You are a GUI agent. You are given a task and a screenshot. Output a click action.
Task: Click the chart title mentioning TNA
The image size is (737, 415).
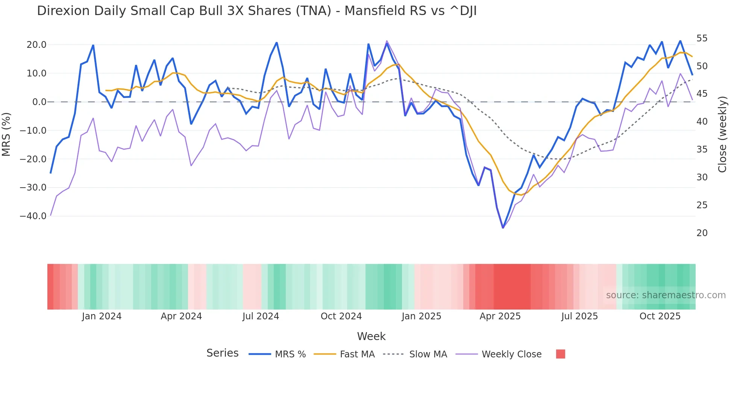pos(256,11)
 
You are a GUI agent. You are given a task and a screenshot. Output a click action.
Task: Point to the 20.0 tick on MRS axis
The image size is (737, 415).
pos(36,45)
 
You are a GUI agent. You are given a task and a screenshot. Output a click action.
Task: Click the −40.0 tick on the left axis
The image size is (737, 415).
pos(33,216)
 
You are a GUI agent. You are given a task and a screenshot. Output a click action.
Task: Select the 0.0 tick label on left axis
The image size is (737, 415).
pos(39,102)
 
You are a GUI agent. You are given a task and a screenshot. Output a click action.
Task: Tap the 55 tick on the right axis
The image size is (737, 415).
pos(702,38)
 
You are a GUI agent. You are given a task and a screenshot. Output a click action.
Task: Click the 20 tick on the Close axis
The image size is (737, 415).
pos(702,233)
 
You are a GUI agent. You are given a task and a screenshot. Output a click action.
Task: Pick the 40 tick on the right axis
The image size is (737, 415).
pos(702,122)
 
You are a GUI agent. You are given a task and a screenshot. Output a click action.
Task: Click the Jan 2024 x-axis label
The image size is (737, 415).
pos(102,316)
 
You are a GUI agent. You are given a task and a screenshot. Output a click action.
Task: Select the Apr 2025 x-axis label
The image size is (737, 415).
pos(500,316)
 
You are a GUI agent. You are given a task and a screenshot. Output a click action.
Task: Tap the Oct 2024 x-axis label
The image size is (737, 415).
pos(341,316)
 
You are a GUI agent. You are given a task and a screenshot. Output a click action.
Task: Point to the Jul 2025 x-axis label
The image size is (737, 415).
pos(579,316)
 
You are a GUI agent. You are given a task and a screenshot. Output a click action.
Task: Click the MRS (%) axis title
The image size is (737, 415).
pos(6,134)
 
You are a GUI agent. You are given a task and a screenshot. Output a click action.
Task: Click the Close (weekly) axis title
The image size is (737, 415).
pos(722,134)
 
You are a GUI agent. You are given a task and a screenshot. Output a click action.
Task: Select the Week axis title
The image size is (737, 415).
pos(371,336)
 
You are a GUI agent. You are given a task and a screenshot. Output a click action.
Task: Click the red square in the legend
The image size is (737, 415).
pos(560,354)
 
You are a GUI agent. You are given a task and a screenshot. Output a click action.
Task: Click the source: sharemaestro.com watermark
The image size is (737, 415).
pos(666,295)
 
